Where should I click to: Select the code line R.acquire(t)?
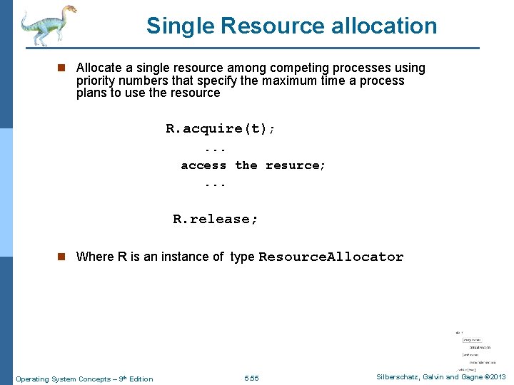pyautogui.click(x=221, y=129)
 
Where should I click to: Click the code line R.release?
pyautogui.click(x=216, y=220)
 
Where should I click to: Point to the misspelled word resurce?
pyautogui.click(x=296, y=165)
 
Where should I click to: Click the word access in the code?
pyautogui.click(x=203, y=165)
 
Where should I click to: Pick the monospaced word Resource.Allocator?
pyautogui.click(x=331, y=257)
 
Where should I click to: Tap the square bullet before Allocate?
pyautogui.click(x=61, y=68)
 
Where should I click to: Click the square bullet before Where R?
pyautogui.click(x=61, y=257)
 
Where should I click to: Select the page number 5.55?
pyautogui.click(x=251, y=378)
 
